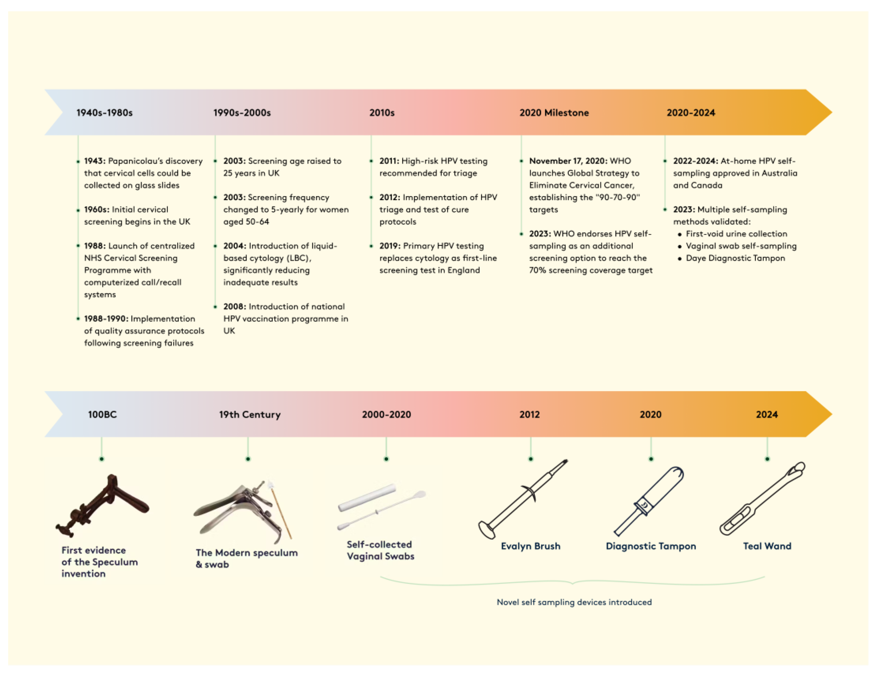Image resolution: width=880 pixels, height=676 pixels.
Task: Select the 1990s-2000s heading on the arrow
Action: pos(242,113)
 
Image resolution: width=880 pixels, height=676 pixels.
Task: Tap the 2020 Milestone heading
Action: pos(554,113)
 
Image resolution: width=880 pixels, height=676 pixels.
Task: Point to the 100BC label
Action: pos(102,414)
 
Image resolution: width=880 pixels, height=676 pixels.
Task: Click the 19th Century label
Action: pos(250,414)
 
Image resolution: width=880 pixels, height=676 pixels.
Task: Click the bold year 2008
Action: pos(234,307)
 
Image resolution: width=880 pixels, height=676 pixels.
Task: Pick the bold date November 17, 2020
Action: pos(568,161)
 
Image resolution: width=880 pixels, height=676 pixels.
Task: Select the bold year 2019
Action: pos(389,246)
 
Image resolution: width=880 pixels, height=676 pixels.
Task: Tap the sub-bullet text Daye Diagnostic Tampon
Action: pos(735,258)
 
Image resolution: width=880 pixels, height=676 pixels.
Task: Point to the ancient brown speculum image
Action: pos(103,505)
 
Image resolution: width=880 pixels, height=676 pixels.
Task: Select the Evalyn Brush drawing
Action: pos(523,499)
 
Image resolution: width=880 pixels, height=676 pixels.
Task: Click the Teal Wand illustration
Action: pos(762,499)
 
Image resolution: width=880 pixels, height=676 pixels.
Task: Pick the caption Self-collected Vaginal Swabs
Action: pos(380,550)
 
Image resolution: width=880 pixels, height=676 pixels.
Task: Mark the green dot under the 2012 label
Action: pos(531,459)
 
